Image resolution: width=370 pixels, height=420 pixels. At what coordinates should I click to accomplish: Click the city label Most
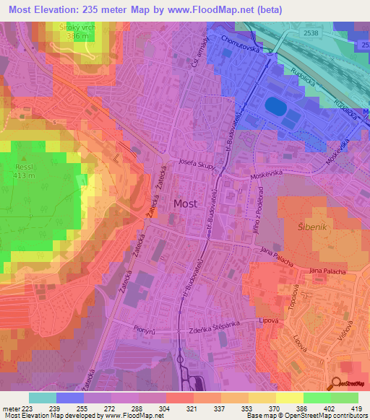(x=184, y=204)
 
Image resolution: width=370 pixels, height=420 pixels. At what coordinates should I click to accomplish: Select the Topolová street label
(x=296, y=297)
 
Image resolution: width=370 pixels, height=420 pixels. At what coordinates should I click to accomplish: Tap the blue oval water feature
(x=276, y=106)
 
